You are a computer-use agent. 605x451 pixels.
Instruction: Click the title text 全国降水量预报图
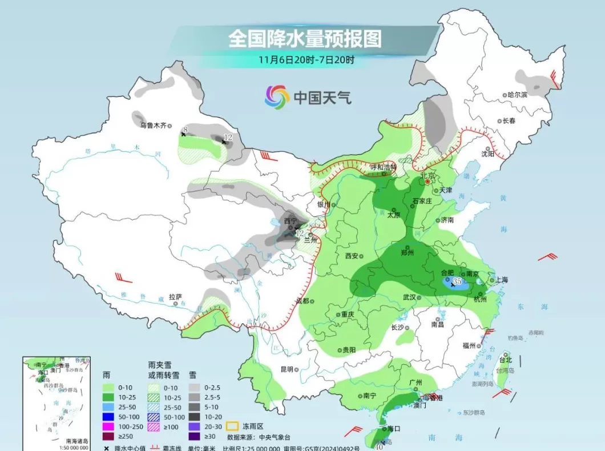[305, 39]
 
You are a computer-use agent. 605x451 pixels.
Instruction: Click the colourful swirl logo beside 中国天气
[277, 97]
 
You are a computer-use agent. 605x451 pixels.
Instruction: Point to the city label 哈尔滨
[518, 94]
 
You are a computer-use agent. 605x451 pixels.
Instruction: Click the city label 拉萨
[175, 297]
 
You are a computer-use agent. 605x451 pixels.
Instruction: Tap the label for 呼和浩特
[383, 167]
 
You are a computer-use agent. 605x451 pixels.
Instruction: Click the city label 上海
[502, 280]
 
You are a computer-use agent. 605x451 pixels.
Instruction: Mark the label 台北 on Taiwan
[506, 360]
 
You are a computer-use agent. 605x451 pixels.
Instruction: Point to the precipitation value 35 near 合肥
[457, 281]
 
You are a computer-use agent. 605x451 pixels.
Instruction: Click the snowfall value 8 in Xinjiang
[185, 130]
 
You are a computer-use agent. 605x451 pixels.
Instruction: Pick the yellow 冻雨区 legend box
[232, 425]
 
